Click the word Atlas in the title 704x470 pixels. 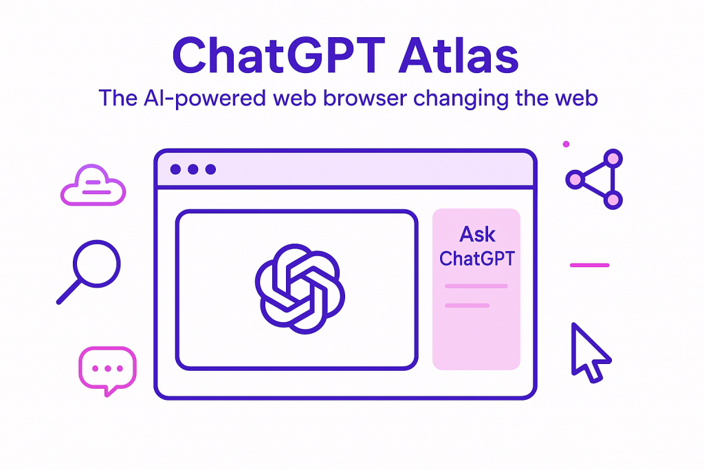(459, 55)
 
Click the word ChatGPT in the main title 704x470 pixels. (279, 55)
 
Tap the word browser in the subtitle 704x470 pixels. (365, 98)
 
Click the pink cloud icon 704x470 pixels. (93, 186)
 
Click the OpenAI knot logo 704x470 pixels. (300, 289)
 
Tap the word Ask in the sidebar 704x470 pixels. (477, 235)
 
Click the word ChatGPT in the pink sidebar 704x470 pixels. (477, 258)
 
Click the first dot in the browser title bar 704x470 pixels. (175, 169)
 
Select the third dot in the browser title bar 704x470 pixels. (210, 169)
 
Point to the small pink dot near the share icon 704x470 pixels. (566, 145)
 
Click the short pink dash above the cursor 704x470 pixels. (589, 265)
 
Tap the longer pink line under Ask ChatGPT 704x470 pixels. (476, 286)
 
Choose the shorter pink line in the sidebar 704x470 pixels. (467, 306)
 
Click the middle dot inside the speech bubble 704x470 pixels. (108, 368)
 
